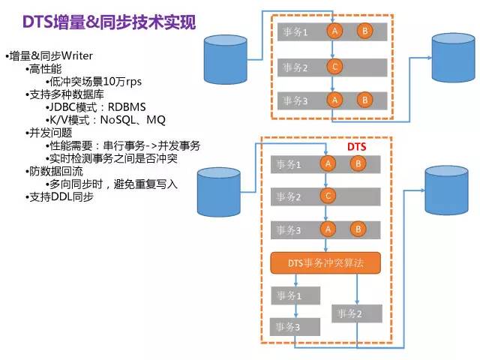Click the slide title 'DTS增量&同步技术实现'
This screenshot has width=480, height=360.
tap(109, 22)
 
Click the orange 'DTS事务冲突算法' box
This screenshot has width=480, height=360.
tap(325, 262)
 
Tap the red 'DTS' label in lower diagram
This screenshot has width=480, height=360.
tap(356, 147)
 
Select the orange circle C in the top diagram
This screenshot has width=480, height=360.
tap(335, 67)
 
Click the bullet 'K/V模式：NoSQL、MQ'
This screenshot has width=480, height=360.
tap(106, 120)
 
